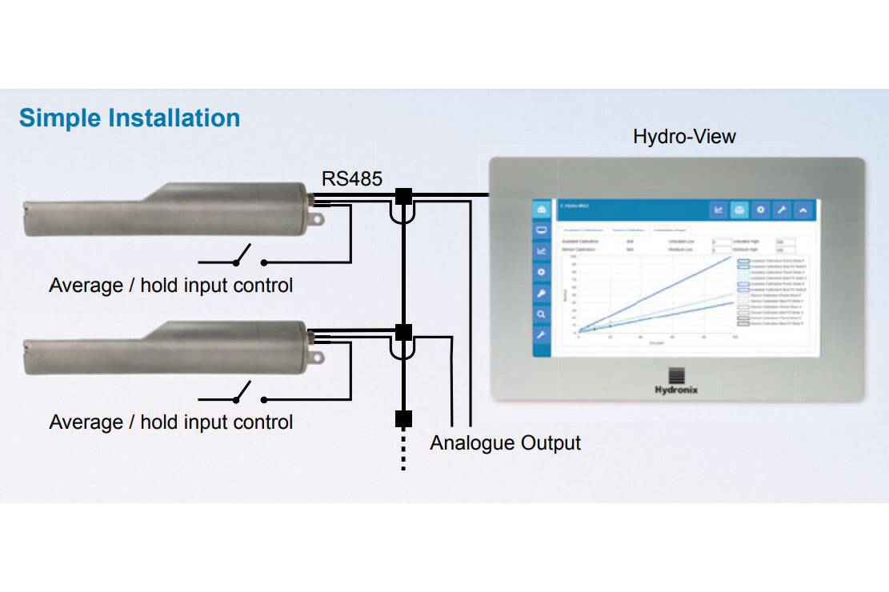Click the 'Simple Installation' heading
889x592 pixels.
130,118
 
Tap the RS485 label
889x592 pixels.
352,178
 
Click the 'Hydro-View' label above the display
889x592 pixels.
684,136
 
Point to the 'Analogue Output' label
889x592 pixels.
505,442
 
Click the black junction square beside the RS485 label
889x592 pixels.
403,195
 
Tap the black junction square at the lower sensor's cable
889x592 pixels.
403,331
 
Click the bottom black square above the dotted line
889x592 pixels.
403,418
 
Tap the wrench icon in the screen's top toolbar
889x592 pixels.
782,210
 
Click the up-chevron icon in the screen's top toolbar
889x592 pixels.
803,210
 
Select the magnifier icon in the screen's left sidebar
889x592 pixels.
542,314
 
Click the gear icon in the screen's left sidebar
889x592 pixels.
542,273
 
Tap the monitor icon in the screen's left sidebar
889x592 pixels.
542,230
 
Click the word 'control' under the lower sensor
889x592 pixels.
262,422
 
